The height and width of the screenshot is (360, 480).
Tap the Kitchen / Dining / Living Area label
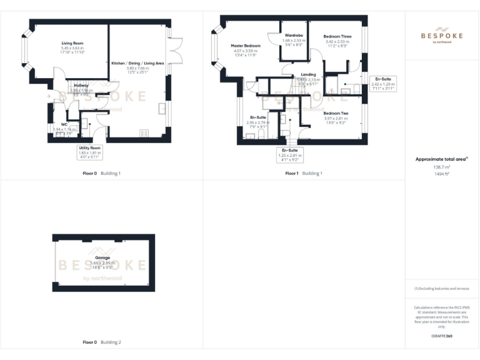pos(137,63)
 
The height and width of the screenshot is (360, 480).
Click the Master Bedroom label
pos(245,46)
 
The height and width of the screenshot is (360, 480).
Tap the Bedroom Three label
pos(337,37)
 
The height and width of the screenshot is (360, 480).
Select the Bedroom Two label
pos(336,113)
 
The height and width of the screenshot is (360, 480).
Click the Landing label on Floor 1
pos(308,74)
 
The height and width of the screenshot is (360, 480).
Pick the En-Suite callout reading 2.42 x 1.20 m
pos(382,83)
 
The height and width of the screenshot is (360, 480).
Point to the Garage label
pos(102,257)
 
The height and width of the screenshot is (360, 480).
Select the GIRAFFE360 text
pos(441,336)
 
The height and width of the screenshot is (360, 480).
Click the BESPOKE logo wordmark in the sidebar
pos(441,36)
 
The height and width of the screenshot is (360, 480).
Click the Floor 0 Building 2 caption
pos(102,342)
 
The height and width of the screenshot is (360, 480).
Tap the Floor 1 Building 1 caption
pos(304,172)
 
